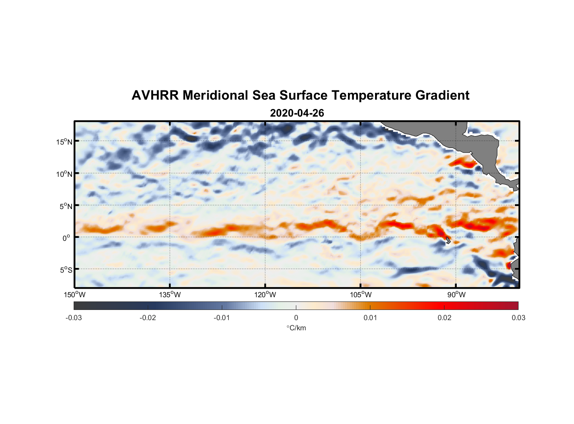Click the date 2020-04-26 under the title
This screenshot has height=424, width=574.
[297, 113]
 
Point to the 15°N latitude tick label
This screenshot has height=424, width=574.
[64, 142]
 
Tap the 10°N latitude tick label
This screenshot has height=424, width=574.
[64, 174]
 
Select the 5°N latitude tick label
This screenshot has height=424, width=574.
[66, 206]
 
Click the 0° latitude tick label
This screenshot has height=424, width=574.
[66, 238]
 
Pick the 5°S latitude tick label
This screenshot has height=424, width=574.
[66, 270]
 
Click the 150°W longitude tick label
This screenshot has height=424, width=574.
[75, 295]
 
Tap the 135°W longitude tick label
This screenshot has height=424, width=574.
[170, 295]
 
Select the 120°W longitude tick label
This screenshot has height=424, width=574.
[265, 295]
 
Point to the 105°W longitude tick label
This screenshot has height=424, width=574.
[361, 295]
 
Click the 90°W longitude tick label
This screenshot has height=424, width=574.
[456, 295]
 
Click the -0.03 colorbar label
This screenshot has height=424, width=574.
[74, 318]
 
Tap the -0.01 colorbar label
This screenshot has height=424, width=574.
[221, 318]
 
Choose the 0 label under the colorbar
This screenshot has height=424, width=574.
[296, 318]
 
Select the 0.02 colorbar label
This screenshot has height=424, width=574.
[444, 318]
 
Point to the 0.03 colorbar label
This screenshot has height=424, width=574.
[518, 318]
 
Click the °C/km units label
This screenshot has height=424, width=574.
[296, 328]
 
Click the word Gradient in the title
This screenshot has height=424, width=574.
[442, 95]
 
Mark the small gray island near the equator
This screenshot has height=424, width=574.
[448, 240]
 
